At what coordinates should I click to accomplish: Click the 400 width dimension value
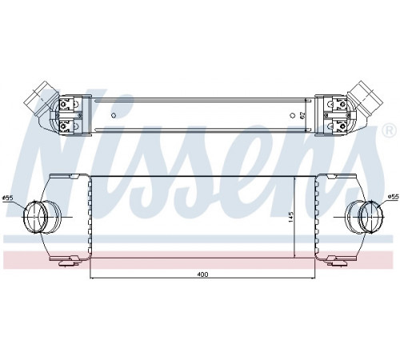click(202, 274)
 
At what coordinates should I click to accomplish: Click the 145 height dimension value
click(290, 218)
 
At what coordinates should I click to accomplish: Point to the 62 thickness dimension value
click(302, 115)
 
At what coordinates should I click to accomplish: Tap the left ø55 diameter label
click(7, 198)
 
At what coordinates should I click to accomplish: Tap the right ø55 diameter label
click(393, 197)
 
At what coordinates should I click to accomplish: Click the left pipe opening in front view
click(35, 217)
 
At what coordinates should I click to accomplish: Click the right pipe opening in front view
click(371, 217)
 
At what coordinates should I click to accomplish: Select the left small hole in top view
click(114, 115)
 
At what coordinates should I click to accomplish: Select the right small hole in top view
click(293, 115)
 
